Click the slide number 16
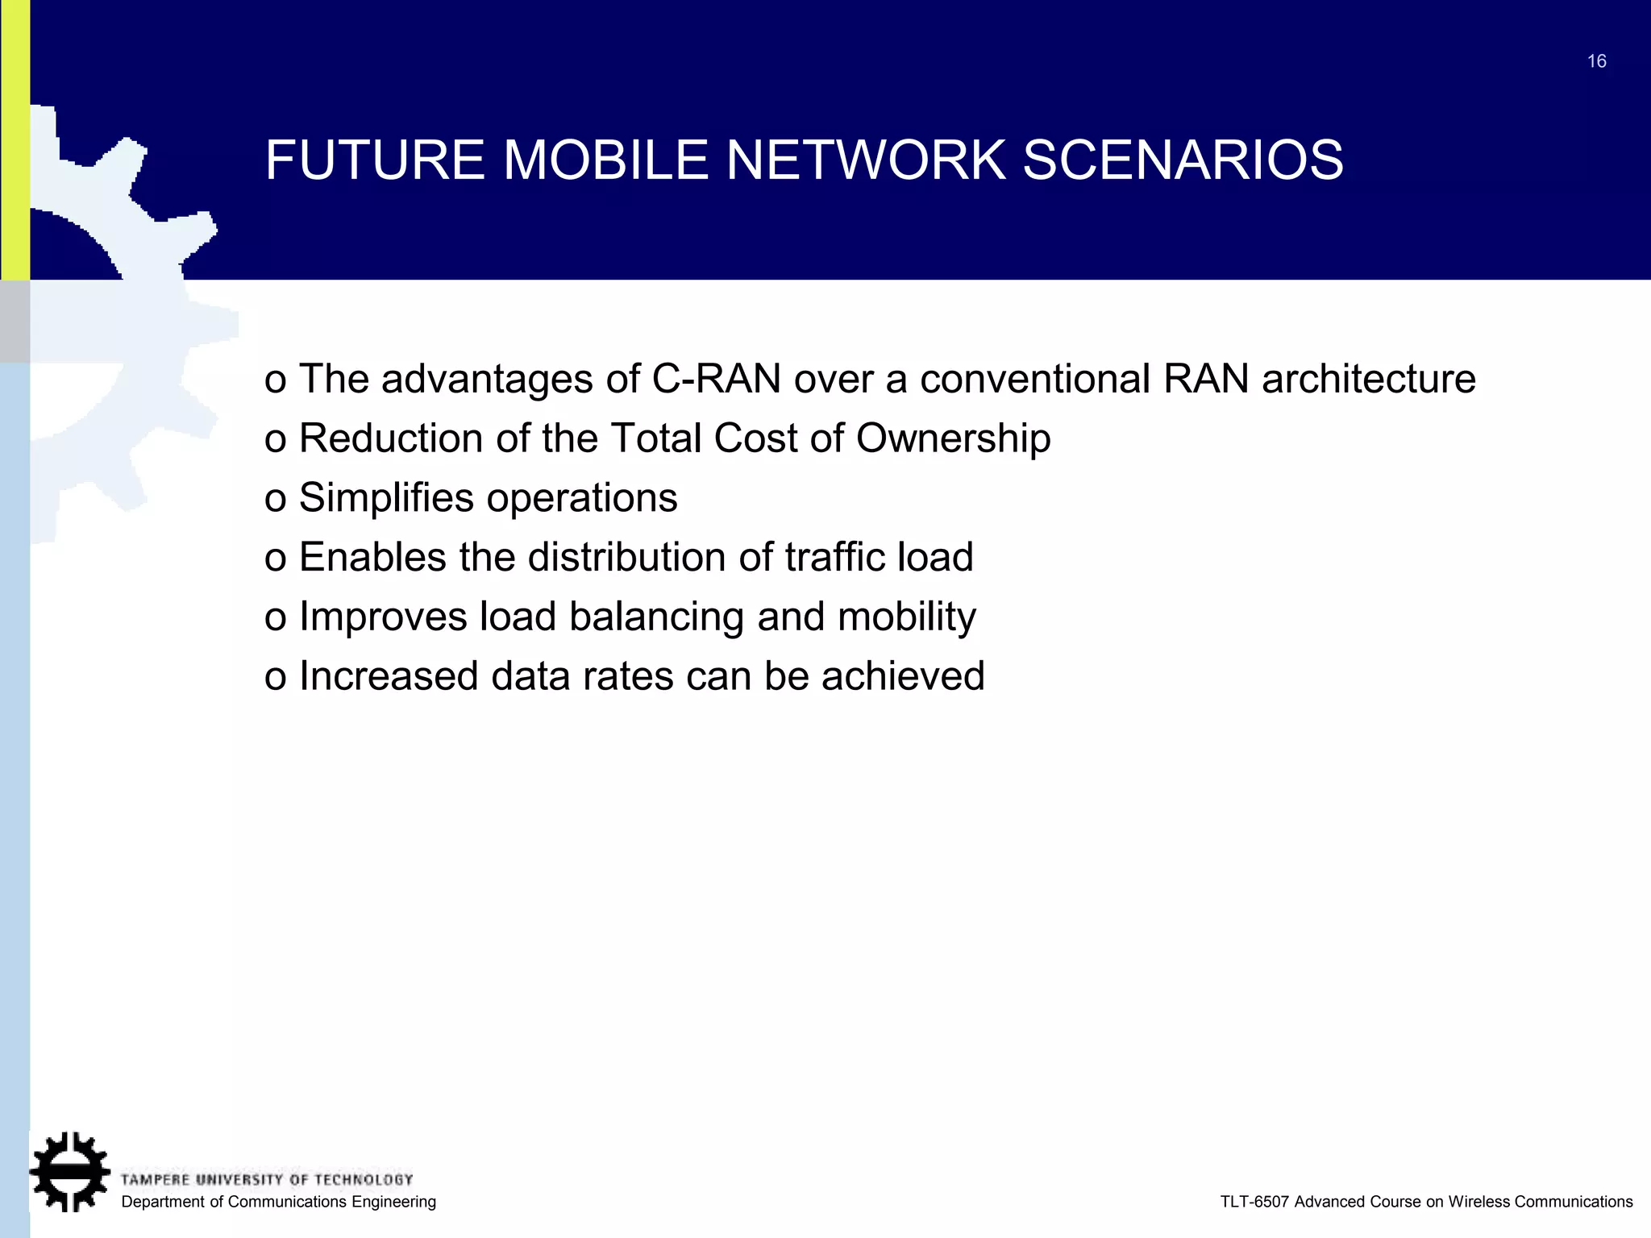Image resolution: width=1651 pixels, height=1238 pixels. (x=1596, y=61)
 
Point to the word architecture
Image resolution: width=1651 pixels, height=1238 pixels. (x=1368, y=379)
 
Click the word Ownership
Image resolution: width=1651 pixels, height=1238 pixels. (x=953, y=439)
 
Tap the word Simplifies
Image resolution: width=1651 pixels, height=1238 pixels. (x=386, y=497)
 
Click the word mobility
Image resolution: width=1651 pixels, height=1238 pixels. (x=906, y=617)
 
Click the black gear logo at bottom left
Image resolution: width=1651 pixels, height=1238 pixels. (x=69, y=1171)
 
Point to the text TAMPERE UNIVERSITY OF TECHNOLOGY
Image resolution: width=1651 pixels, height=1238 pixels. (x=266, y=1180)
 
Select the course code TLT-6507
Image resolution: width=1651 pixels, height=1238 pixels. (x=1254, y=1202)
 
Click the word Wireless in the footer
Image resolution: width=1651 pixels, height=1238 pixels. (x=1479, y=1202)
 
